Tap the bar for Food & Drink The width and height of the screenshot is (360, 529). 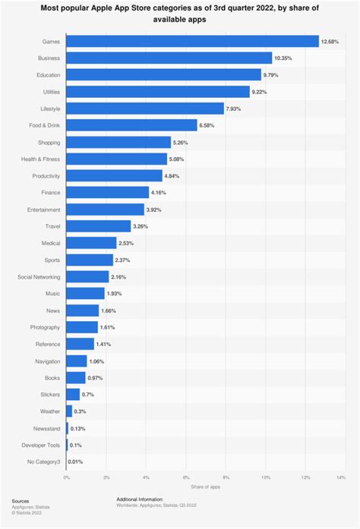pos(131,125)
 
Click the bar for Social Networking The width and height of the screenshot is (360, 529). pos(87,276)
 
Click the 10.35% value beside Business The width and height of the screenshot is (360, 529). pos(284,58)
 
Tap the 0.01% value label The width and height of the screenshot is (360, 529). pos(77,461)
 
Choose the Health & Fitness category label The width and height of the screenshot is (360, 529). pos(41,159)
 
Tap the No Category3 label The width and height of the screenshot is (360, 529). pos(43,461)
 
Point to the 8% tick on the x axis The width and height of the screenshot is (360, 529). pos(226,477)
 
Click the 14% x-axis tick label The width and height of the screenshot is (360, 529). pos(341,477)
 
